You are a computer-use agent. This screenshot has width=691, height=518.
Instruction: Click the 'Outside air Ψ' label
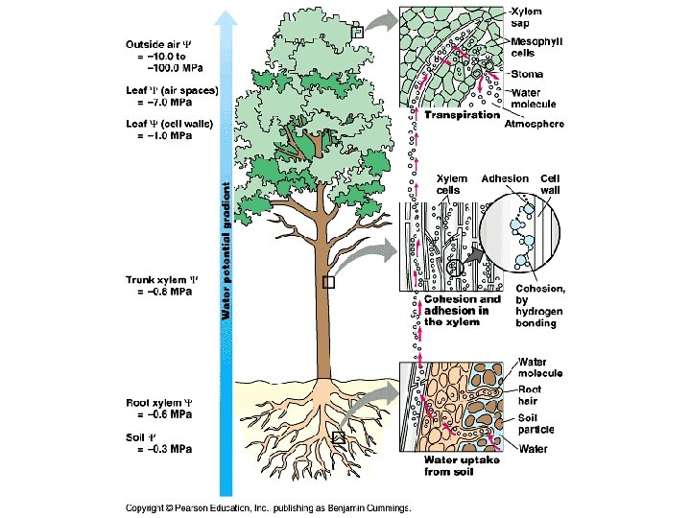pos(159,44)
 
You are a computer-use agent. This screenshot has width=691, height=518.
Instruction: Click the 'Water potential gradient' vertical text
pos(226,250)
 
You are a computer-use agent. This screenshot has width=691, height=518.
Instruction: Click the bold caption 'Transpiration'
pos(462,114)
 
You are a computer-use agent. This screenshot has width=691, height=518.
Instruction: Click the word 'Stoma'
pos(528,74)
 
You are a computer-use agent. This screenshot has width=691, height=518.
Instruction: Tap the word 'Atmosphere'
pos(535,123)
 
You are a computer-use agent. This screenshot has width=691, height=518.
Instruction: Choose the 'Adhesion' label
pos(504,178)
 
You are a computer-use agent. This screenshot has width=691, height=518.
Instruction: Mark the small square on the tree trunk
pos(328,282)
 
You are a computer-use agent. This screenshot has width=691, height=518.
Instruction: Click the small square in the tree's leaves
pos(357,32)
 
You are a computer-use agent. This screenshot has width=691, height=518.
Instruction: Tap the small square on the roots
pos(338,437)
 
